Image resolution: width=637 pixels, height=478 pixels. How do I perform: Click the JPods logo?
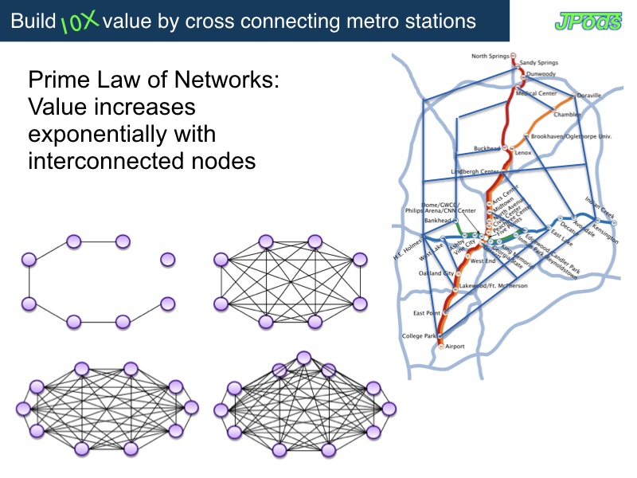588,21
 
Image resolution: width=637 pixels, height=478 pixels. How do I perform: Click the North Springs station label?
490,57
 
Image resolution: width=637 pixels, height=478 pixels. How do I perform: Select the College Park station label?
420,336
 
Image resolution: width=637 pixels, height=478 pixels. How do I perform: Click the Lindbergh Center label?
475,171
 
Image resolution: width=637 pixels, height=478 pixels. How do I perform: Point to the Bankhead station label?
437,220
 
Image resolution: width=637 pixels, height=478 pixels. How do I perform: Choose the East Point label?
427,313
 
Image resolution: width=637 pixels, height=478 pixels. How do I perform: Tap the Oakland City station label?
436,273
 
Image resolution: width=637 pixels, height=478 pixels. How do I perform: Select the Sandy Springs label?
539,61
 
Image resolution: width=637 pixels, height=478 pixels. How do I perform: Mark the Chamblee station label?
567,115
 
